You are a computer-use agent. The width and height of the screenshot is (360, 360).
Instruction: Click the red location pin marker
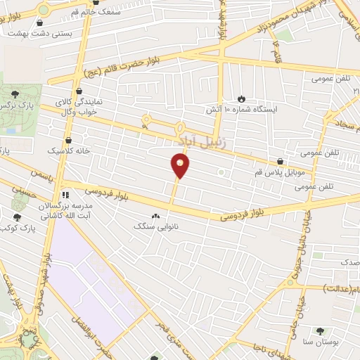tap(181, 166)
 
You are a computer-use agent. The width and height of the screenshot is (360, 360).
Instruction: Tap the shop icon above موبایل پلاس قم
tap(280, 162)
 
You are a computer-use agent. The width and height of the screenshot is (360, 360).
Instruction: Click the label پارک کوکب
tap(19, 229)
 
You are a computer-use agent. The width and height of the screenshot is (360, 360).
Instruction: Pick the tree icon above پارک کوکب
tap(17, 217)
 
